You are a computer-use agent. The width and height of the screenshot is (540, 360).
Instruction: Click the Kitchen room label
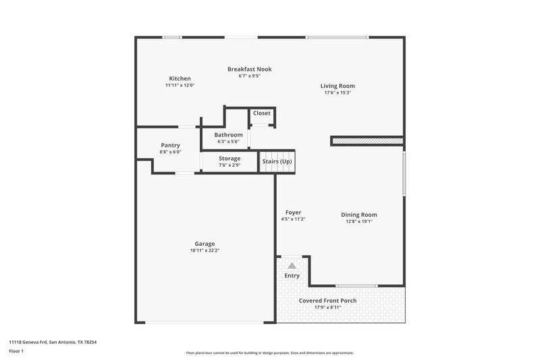pyautogui.click(x=180, y=78)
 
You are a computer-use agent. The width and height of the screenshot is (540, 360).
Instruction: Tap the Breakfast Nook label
pyautogui.click(x=249, y=69)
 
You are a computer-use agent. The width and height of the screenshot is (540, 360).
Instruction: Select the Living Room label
pyautogui.click(x=337, y=86)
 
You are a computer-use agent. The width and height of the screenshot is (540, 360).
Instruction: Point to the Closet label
pyautogui.click(x=261, y=113)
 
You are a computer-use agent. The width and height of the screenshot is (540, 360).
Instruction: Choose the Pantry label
pyautogui.click(x=170, y=145)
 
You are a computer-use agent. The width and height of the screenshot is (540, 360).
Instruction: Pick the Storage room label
pyautogui.click(x=230, y=159)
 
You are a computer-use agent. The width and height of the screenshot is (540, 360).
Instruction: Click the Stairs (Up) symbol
pyautogui.click(x=277, y=161)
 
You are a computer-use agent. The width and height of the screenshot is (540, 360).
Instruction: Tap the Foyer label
pyautogui.click(x=293, y=212)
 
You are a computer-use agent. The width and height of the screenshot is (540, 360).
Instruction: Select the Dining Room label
pyautogui.click(x=358, y=214)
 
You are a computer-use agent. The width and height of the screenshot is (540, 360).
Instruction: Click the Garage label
pyautogui.click(x=205, y=244)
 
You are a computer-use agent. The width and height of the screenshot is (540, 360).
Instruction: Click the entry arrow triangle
pyautogui.click(x=292, y=266)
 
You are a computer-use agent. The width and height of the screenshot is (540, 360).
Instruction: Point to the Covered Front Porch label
pyautogui.click(x=327, y=301)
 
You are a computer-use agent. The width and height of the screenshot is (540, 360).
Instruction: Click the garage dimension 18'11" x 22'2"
pyautogui.click(x=205, y=251)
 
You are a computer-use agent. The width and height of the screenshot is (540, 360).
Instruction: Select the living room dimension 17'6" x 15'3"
pyautogui.click(x=337, y=93)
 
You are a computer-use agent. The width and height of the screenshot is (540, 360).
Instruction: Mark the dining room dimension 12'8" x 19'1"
pyautogui.click(x=358, y=221)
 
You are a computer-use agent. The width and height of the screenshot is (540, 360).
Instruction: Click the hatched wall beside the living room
pyautogui.click(x=367, y=141)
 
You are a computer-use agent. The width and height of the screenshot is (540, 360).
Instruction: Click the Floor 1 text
pyautogui.click(x=16, y=352)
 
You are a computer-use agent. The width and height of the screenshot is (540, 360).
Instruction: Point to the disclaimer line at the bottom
pyautogui.click(x=269, y=353)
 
